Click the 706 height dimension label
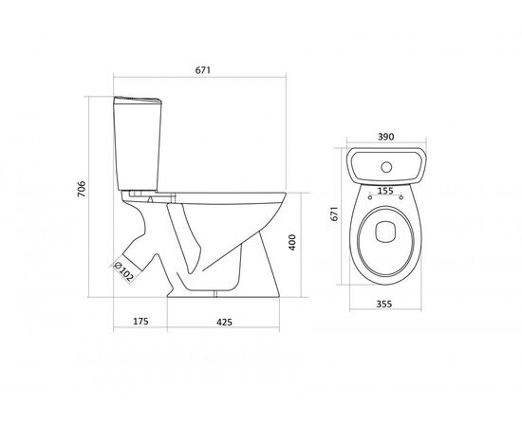coord(82,189)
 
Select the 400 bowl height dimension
coord(292,242)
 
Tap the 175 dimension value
coord(140,322)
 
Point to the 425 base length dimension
coord(224,323)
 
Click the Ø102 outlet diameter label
coord(123,272)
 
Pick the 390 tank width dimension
coord(386,137)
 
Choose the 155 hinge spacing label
coord(385,191)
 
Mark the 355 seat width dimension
coord(384,305)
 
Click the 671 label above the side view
coord(203,70)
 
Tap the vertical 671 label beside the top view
coord(334,213)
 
